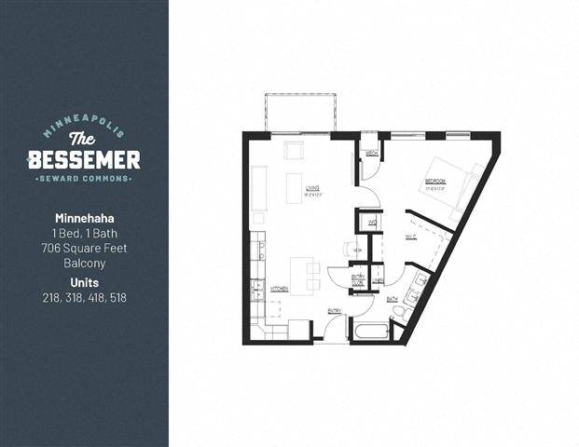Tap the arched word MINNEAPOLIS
pos(84,129)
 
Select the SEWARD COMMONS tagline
pos(84,178)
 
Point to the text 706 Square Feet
pos(84,248)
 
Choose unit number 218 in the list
pos(52,298)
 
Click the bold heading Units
pos(84,282)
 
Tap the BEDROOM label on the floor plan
pos(436,182)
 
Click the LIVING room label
pos(312,189)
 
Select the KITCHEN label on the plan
pos(279,291)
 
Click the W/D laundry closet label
pos(371,223)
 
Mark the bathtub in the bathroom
pos(370,331)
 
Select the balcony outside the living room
pos(299,113)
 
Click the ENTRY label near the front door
pos(334,310)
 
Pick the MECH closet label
pos(371,154)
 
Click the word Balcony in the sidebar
pos(84,264)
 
